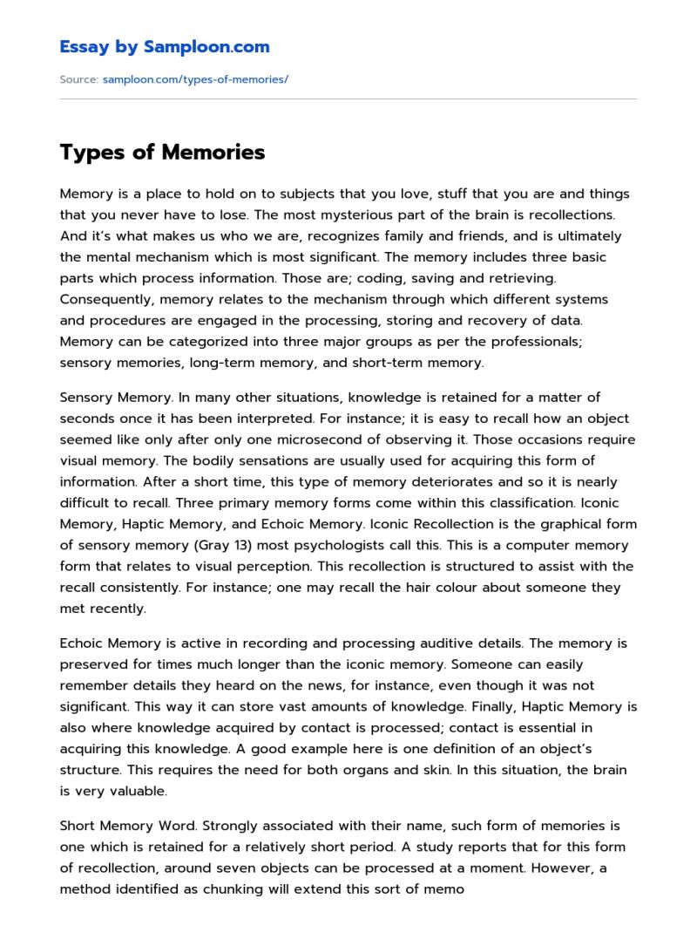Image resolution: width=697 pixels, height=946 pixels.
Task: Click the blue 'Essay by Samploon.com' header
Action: (164, 47)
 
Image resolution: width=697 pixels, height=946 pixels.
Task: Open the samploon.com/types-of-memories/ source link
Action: (195, 79)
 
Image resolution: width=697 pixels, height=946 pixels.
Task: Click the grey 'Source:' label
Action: (78, 79)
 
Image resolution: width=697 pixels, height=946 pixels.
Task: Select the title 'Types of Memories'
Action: (162, 153)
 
